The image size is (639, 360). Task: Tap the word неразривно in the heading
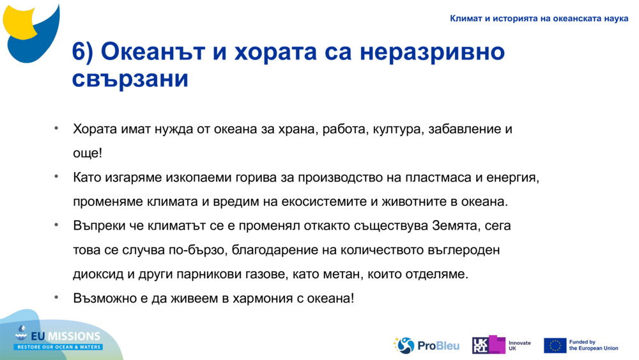pos(432,52)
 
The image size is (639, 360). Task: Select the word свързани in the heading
pos(130,79)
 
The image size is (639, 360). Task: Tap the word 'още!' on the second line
pos(87,153)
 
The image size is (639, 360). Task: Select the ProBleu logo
pos(426,345)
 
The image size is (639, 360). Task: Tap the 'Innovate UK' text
pos(520,346)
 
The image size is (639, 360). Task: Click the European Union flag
pos(555,345)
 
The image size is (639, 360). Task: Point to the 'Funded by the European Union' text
pos(593,345)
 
